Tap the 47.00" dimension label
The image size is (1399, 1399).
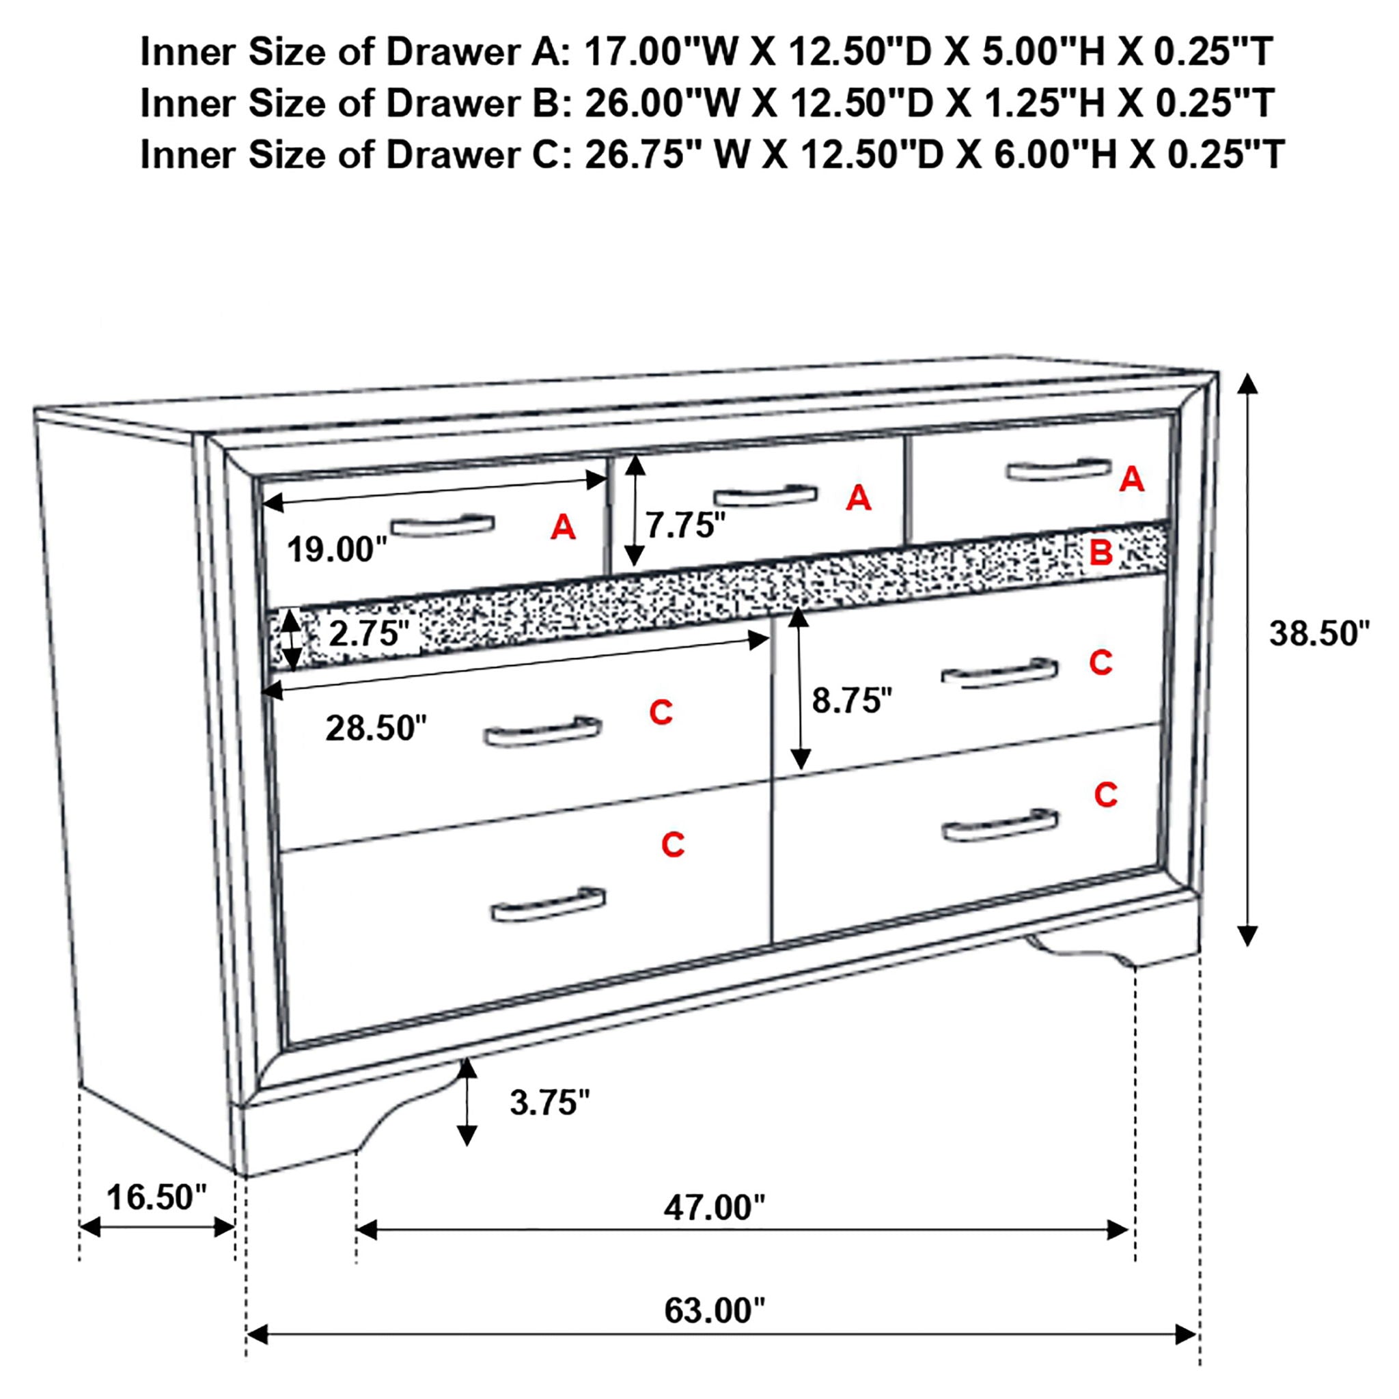[x=714, y=1207]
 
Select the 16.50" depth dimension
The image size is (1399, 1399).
[x=156, y=1197]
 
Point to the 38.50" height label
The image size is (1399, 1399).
[x=1318, y=634]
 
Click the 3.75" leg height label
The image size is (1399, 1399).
[x=550, y=1103]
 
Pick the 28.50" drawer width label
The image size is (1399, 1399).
[x=376, y=728]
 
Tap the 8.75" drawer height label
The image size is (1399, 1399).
[x=852, y=700]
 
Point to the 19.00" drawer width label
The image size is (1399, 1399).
[x=337, y=550]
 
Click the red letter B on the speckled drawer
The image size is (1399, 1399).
[x=1100, y=553]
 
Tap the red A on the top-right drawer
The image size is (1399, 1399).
[x=1132, y=480]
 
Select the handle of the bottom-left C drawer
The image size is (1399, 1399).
[x=548, y=906]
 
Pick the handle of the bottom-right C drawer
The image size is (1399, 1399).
[x=1000, y=827]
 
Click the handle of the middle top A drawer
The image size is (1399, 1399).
[x=765, y=496]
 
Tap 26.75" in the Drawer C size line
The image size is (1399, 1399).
[x=634, y=155]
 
